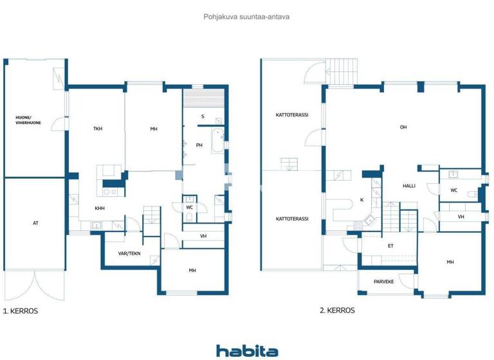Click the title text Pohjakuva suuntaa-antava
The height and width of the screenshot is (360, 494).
click(x=246, y=17)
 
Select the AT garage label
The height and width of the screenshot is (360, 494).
click(x=35, y=223)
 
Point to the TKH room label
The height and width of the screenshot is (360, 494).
click(x=97, y=129)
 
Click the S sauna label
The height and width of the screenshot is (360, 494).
click(x=203, y=116)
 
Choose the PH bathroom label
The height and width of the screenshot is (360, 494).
click(x=199, y=145)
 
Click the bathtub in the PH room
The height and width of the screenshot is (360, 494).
click(x=219, y=139)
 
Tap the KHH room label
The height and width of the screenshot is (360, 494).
click(x=100, y=208)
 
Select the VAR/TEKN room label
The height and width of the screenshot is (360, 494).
click(x=129, y=253)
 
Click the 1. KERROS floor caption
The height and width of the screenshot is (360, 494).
click(x=21, y=311)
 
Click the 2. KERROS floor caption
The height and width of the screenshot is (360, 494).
click(x=337, y=310)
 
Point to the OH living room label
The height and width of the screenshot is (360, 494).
click(x=403, y=127)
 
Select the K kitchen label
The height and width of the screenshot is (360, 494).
click(x=361, y=200)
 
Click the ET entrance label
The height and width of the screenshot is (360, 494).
click(x=390, y=246)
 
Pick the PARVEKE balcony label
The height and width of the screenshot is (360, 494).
click(x=385, y=281)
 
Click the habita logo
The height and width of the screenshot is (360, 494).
click(x=247, y=350)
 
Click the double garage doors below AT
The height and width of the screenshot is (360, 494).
click(x=35, y=285)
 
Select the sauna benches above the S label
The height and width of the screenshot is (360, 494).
click(x=204, y=100)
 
